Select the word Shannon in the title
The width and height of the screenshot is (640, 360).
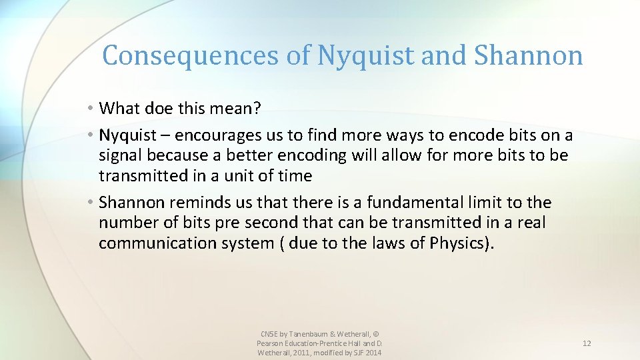(528, 56)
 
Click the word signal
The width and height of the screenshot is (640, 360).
(121, 156)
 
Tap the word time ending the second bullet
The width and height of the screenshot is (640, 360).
(294, 176)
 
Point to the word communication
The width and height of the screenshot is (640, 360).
(161, 243)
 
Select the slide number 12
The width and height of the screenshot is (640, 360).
(587, 343)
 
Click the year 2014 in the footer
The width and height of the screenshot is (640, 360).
(372, 353)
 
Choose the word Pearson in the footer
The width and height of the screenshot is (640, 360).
(271, 343)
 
